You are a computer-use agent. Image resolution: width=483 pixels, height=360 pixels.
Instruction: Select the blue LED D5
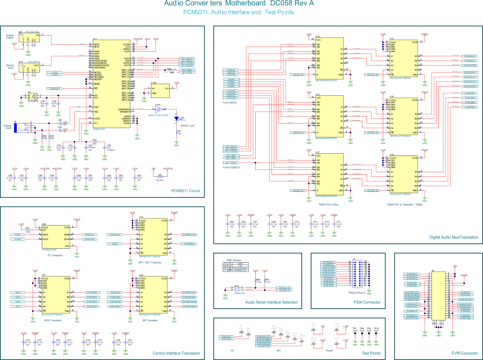(x=177, y=118)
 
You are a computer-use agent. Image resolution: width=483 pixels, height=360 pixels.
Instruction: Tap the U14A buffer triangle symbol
(x=159, y=109)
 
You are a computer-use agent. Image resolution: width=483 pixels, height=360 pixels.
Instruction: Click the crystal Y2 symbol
(x=34, y=96)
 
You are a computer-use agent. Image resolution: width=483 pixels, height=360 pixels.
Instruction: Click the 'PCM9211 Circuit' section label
(x=185, y=191)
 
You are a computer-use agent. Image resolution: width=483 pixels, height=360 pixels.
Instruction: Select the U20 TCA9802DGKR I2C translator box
(x=56, y=237)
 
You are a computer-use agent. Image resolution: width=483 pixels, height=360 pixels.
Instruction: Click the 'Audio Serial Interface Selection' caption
(x=271, y=302)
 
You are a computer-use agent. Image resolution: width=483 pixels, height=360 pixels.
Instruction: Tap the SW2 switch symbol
(x=237, y=289)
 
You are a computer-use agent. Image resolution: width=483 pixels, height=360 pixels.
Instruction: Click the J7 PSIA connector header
(x=357, y=274)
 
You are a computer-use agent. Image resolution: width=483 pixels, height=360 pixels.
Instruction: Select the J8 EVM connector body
(x=438, y=296)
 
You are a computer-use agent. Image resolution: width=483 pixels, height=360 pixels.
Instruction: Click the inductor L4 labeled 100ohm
(x=160, y=176)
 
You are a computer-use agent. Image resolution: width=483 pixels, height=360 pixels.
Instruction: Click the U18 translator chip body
(x=404, y=174)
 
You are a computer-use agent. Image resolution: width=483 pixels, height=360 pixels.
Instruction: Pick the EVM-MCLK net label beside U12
(x=470, y=56)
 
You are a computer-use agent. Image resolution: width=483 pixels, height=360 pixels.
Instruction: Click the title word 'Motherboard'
(x=245, y=3)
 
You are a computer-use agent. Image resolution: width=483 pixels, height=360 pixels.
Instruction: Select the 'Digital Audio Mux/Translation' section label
(x=454, y=237)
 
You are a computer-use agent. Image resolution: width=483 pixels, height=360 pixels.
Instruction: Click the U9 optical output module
(x=29, y=38)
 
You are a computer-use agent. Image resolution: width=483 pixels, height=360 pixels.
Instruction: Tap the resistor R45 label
(x=27, y=228)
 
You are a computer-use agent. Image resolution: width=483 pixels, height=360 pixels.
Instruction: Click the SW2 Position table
(x=236, y=267)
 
